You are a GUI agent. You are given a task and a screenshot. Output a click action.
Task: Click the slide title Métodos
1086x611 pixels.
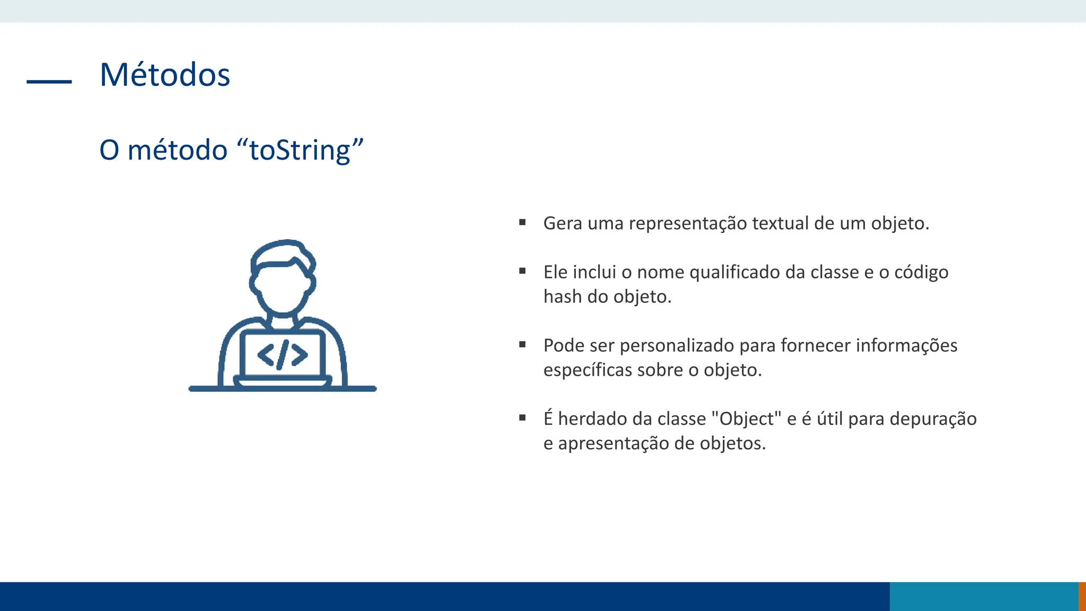165,75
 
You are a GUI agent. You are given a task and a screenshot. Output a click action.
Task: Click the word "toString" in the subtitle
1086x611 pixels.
300,151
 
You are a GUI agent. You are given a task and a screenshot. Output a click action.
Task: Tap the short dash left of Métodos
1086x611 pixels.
49,82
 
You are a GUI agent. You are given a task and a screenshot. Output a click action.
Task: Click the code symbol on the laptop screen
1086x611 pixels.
283,354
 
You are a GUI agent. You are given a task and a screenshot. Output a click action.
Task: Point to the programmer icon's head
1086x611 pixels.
283,278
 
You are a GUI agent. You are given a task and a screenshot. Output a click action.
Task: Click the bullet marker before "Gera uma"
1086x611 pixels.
522,222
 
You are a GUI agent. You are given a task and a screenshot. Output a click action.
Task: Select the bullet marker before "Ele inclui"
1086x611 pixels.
522,271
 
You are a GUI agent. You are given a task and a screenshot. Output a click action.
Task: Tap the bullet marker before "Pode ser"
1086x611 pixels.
522,344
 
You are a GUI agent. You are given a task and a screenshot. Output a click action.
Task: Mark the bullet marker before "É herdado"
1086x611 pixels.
522,417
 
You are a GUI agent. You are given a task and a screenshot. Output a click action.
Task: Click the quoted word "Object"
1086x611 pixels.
746,419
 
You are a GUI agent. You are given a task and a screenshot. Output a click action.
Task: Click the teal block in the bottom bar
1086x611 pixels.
984,596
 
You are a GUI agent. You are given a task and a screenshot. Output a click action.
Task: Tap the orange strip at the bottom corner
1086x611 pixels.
1082,596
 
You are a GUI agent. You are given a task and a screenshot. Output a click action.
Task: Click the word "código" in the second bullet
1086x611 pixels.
921,273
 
